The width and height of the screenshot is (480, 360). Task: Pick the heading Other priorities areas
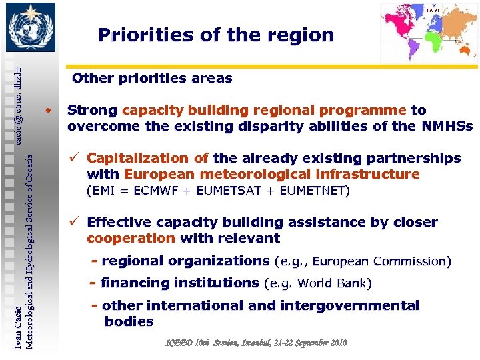point(152,79)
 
